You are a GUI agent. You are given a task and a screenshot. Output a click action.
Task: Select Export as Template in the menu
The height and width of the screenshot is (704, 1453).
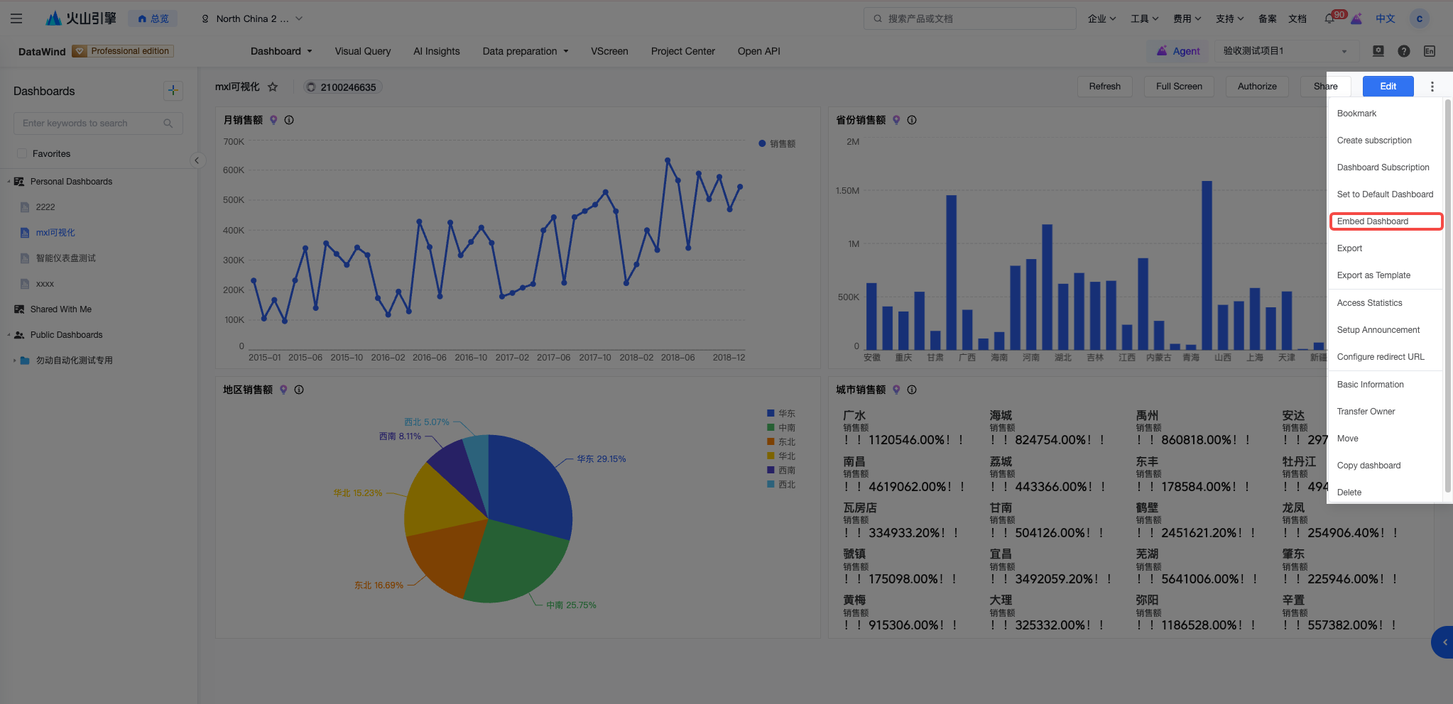[1373, 275]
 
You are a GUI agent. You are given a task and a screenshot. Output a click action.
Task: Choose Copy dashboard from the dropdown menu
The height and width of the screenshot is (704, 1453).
[1368, 466]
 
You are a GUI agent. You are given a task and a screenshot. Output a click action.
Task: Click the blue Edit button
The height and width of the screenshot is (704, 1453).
[1388, 87]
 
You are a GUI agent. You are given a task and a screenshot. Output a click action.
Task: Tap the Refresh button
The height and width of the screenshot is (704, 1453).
[1104, 87]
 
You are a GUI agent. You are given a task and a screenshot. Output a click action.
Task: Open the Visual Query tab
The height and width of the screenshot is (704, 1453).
[362, 51]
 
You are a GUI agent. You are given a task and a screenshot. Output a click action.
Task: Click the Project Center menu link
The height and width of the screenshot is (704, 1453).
[682, 51]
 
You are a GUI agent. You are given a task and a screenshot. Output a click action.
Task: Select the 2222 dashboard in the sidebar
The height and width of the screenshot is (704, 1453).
[45, 207]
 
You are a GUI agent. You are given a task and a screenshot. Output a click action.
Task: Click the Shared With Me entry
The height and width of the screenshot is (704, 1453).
[60, 309]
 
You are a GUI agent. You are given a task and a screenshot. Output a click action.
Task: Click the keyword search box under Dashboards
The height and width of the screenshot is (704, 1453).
[98, 123]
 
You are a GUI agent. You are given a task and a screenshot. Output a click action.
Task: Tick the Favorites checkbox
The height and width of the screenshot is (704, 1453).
[22, 153]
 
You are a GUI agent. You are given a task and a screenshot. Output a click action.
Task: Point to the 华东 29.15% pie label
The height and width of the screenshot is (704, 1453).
[601, 459]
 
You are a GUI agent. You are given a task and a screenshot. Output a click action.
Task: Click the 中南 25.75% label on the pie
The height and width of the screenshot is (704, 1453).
[571, 605]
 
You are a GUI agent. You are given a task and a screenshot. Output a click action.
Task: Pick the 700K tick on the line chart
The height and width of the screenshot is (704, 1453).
[234, 142]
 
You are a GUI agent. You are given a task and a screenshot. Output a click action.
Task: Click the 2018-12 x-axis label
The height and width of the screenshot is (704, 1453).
[729, 358]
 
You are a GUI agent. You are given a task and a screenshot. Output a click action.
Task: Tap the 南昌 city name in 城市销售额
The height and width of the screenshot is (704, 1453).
[854, 462]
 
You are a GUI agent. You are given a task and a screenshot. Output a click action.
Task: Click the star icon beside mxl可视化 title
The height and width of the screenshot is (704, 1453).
[273, 87]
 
